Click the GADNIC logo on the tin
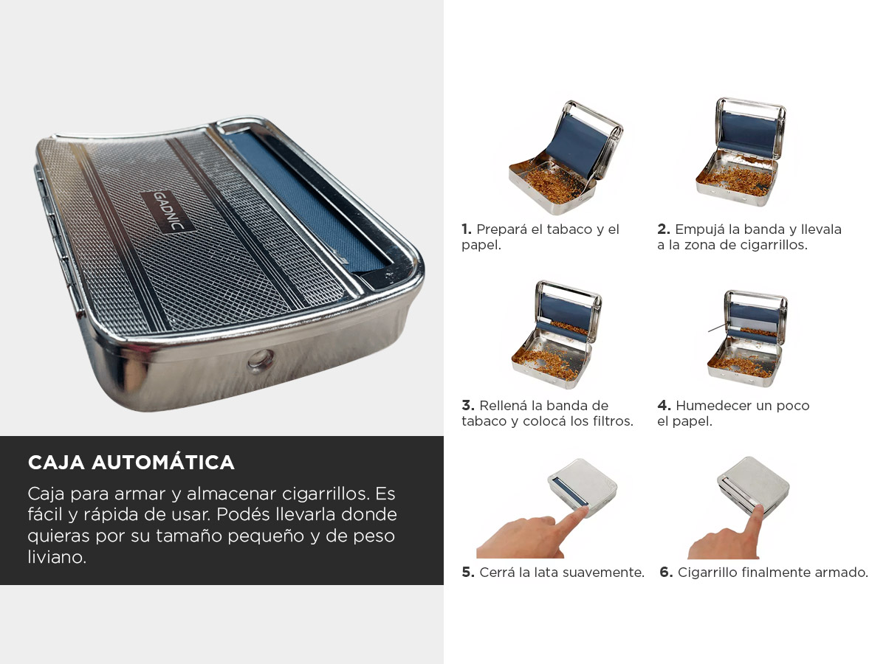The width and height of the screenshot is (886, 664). [168, 211]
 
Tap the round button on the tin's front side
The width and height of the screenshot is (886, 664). [261, 360]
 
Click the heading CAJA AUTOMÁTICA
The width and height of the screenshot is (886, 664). [131, 463]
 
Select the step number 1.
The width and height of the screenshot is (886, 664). [467, 229]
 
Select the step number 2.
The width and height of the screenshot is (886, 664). [664, 229]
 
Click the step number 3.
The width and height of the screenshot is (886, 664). [468, 405]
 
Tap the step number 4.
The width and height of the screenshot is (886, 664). [664, 405]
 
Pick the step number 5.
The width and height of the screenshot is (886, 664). [468, 572]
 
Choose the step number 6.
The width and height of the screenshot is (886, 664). [666, 572]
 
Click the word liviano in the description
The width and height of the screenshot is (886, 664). [57, 557]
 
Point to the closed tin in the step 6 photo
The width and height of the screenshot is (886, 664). [753, 485]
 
